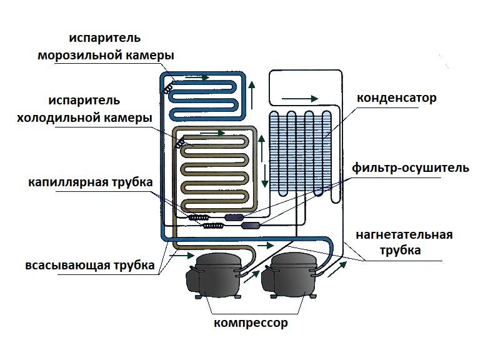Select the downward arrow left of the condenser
click(264, 174)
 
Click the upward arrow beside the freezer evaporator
click(251, 93)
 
